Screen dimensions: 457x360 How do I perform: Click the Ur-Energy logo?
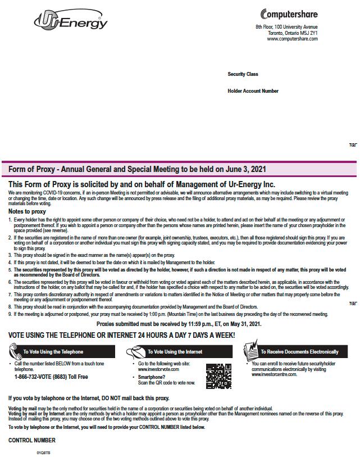click(x=71, y=21)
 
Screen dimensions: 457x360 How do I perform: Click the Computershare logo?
click(x=289, y=14)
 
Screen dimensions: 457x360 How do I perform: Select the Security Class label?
click(x=243, y=74)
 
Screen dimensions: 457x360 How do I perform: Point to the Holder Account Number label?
click(x=253, y=91)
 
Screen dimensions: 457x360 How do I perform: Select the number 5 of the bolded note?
click(x=10, y=270)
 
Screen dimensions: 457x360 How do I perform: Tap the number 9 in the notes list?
click(x=10, y=314)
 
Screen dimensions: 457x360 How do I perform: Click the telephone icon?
click(x=15, y=351)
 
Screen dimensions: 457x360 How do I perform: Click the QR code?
click(x=218, y=376)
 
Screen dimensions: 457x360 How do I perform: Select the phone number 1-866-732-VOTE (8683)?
click(x=46, y=377)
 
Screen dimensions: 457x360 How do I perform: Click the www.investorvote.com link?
click(x=154, y=369)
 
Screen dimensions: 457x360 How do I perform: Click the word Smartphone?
click(x=152, y=377)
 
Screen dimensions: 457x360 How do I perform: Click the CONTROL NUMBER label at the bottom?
click(x=32, y=440)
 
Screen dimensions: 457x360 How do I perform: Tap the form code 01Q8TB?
click(x=44, y=452)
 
